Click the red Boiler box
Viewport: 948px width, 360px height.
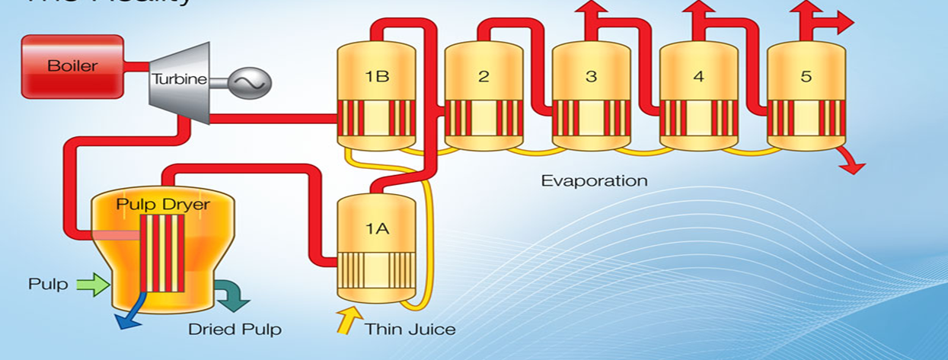pyautogui.click(x=72, y=66)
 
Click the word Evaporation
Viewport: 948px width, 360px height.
pyautogui.click(x=594, y=181)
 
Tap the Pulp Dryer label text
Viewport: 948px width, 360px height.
pyautogui.click(x=162, y=205)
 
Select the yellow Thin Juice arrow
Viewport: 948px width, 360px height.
pyautogui.click(x=346, y=320)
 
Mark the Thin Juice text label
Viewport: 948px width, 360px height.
pyautogui.click(x=410, y=330)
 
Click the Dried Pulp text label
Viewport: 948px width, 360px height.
pyautogui.click(x=235, y=330)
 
